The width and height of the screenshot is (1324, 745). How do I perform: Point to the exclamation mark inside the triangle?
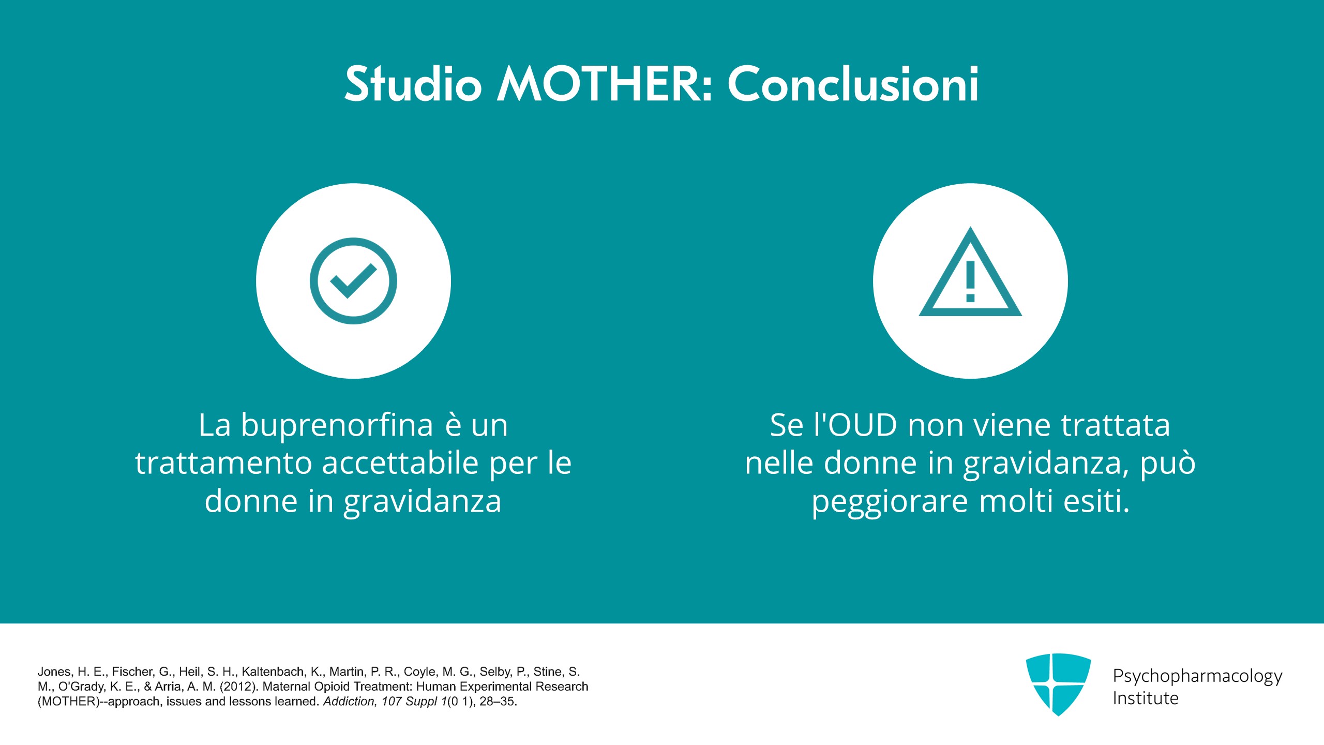tap(970, 281)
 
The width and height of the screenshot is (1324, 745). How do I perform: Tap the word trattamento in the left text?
tap(223, 464)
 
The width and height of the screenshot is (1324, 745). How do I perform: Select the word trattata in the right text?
tap(1116, 425)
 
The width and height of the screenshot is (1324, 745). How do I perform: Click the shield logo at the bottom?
tap(1058, 684)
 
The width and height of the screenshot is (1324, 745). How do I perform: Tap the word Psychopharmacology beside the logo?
tap(1197, 677)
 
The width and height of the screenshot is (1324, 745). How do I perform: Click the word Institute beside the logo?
tap(1146, 698)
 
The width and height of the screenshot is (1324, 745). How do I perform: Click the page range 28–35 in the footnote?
tap(498, 702)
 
